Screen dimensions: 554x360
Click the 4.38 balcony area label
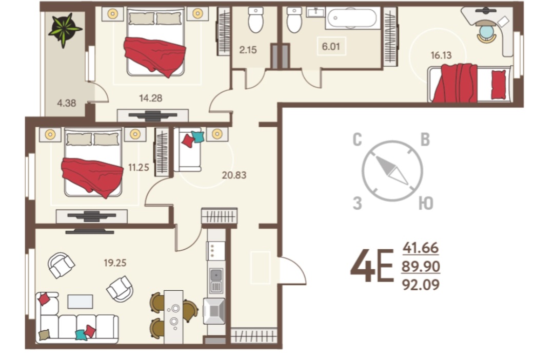tap(66, 103)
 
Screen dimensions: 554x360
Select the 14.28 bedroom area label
tap(150, 98)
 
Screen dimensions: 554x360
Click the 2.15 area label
tap(248, 50)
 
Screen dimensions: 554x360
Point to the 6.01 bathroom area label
tap(331, 46)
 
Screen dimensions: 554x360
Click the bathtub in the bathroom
tap(352, 18)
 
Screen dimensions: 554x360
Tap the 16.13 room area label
tap(441, 55)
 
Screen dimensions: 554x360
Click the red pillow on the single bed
tap(499, 85)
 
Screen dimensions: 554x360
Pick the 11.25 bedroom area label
tap(138, 167)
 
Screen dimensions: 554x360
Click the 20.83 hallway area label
tap(234, 175)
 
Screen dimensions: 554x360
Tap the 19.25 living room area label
tap(115, 263)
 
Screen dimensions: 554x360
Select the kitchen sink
tap(216, 281)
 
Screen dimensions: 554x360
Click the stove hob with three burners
tap(215, 251)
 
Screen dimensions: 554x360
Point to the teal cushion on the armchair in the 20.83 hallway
tap(198, 137)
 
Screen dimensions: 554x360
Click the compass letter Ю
tap(426, 204)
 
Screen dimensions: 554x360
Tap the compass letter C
tap(357, 140)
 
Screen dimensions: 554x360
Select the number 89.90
tap(421, 266)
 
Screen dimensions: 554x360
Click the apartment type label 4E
tap(372, 266)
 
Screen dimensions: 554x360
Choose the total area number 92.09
tap(421, 285)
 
